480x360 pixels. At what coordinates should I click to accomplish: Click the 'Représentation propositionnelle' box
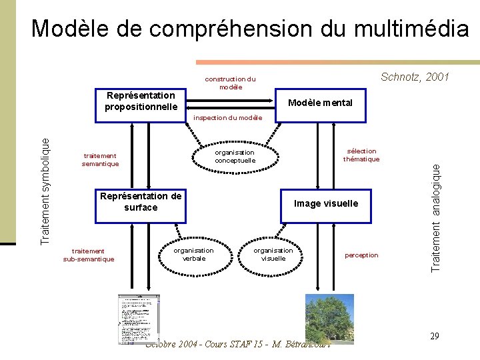141,102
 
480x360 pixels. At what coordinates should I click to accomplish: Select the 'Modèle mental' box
319,103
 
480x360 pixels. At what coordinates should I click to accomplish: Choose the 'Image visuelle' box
326,203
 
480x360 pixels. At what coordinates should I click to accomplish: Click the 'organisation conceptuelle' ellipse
235,156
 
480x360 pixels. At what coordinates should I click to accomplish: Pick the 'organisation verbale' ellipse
193,254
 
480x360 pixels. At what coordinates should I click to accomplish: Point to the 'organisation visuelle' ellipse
273,254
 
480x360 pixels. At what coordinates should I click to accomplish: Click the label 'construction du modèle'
231,83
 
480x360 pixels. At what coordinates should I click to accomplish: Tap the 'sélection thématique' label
361,155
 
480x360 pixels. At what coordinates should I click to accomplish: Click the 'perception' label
361,255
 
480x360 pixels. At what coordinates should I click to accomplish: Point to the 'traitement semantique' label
100,159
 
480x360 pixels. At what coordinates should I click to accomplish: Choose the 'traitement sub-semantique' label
88,255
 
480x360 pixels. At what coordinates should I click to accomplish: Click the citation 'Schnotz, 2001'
414,77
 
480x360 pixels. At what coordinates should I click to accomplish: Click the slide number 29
434,336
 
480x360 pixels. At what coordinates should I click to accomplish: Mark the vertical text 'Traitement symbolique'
45,189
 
